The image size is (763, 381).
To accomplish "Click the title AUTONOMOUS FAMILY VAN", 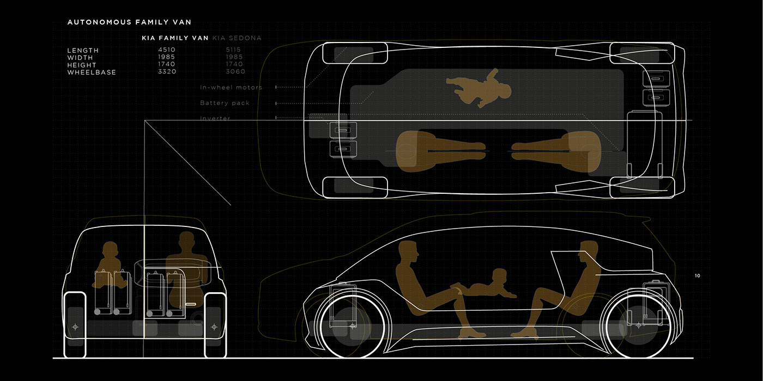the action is [129, 22].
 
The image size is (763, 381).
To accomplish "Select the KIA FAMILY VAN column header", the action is [175, 38].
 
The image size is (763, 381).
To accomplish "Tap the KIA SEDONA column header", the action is [237, 38].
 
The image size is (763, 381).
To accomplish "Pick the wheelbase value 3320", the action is [167, 72].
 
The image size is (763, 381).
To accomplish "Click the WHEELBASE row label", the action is [92, 72].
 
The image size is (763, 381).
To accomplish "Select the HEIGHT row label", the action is [82, 65].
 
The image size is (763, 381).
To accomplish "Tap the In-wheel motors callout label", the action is [231, 87].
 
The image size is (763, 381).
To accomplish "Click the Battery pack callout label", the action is [225, 103].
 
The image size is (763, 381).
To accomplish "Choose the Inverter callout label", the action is [215, 118].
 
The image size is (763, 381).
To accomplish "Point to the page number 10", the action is [698, 276].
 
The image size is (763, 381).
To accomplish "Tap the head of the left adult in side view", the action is [408, 253].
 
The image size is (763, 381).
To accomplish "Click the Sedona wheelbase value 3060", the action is [235, 72].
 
